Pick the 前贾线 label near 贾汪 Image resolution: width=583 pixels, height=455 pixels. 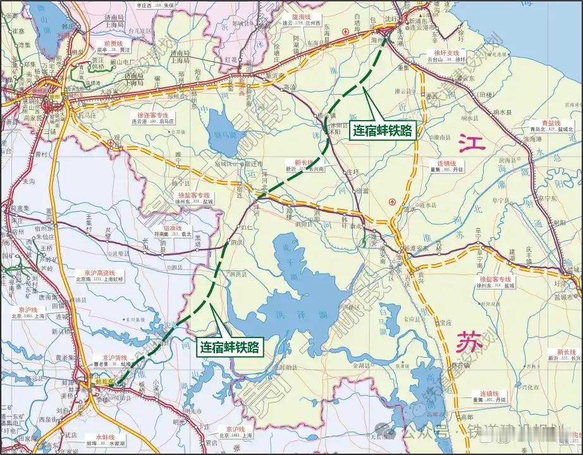pos(116,44)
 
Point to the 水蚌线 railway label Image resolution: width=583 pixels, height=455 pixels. pos(103,437)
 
